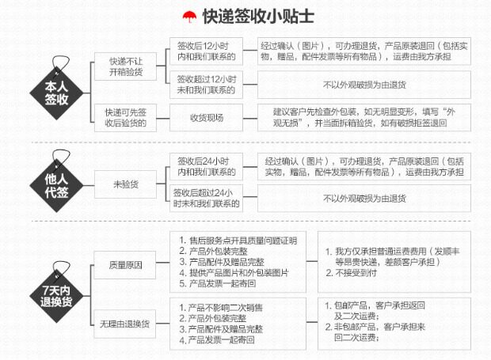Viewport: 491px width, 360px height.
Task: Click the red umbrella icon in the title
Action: tap(188, 14)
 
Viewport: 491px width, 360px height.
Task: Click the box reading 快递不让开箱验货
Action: tap(127, 67)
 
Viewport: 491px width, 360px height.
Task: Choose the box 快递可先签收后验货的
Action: tap(127, 117)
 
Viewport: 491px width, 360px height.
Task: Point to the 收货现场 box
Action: tap(206, 118)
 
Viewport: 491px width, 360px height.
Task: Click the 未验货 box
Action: tap(127, 184)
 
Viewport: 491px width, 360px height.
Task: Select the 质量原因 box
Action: tap(127, 265)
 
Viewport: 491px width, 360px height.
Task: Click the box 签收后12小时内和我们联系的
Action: tap(206, 51)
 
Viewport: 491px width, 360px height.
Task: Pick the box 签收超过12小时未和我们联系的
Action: tap(206, 84)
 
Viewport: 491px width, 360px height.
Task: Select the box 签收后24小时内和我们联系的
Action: tap(206, 166)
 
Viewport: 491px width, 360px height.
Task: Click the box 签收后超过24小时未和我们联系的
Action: tap(206, 198)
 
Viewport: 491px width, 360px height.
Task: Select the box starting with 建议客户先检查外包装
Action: tap(364, 117)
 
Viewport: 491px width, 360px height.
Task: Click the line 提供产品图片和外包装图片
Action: tap(238, 273)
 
